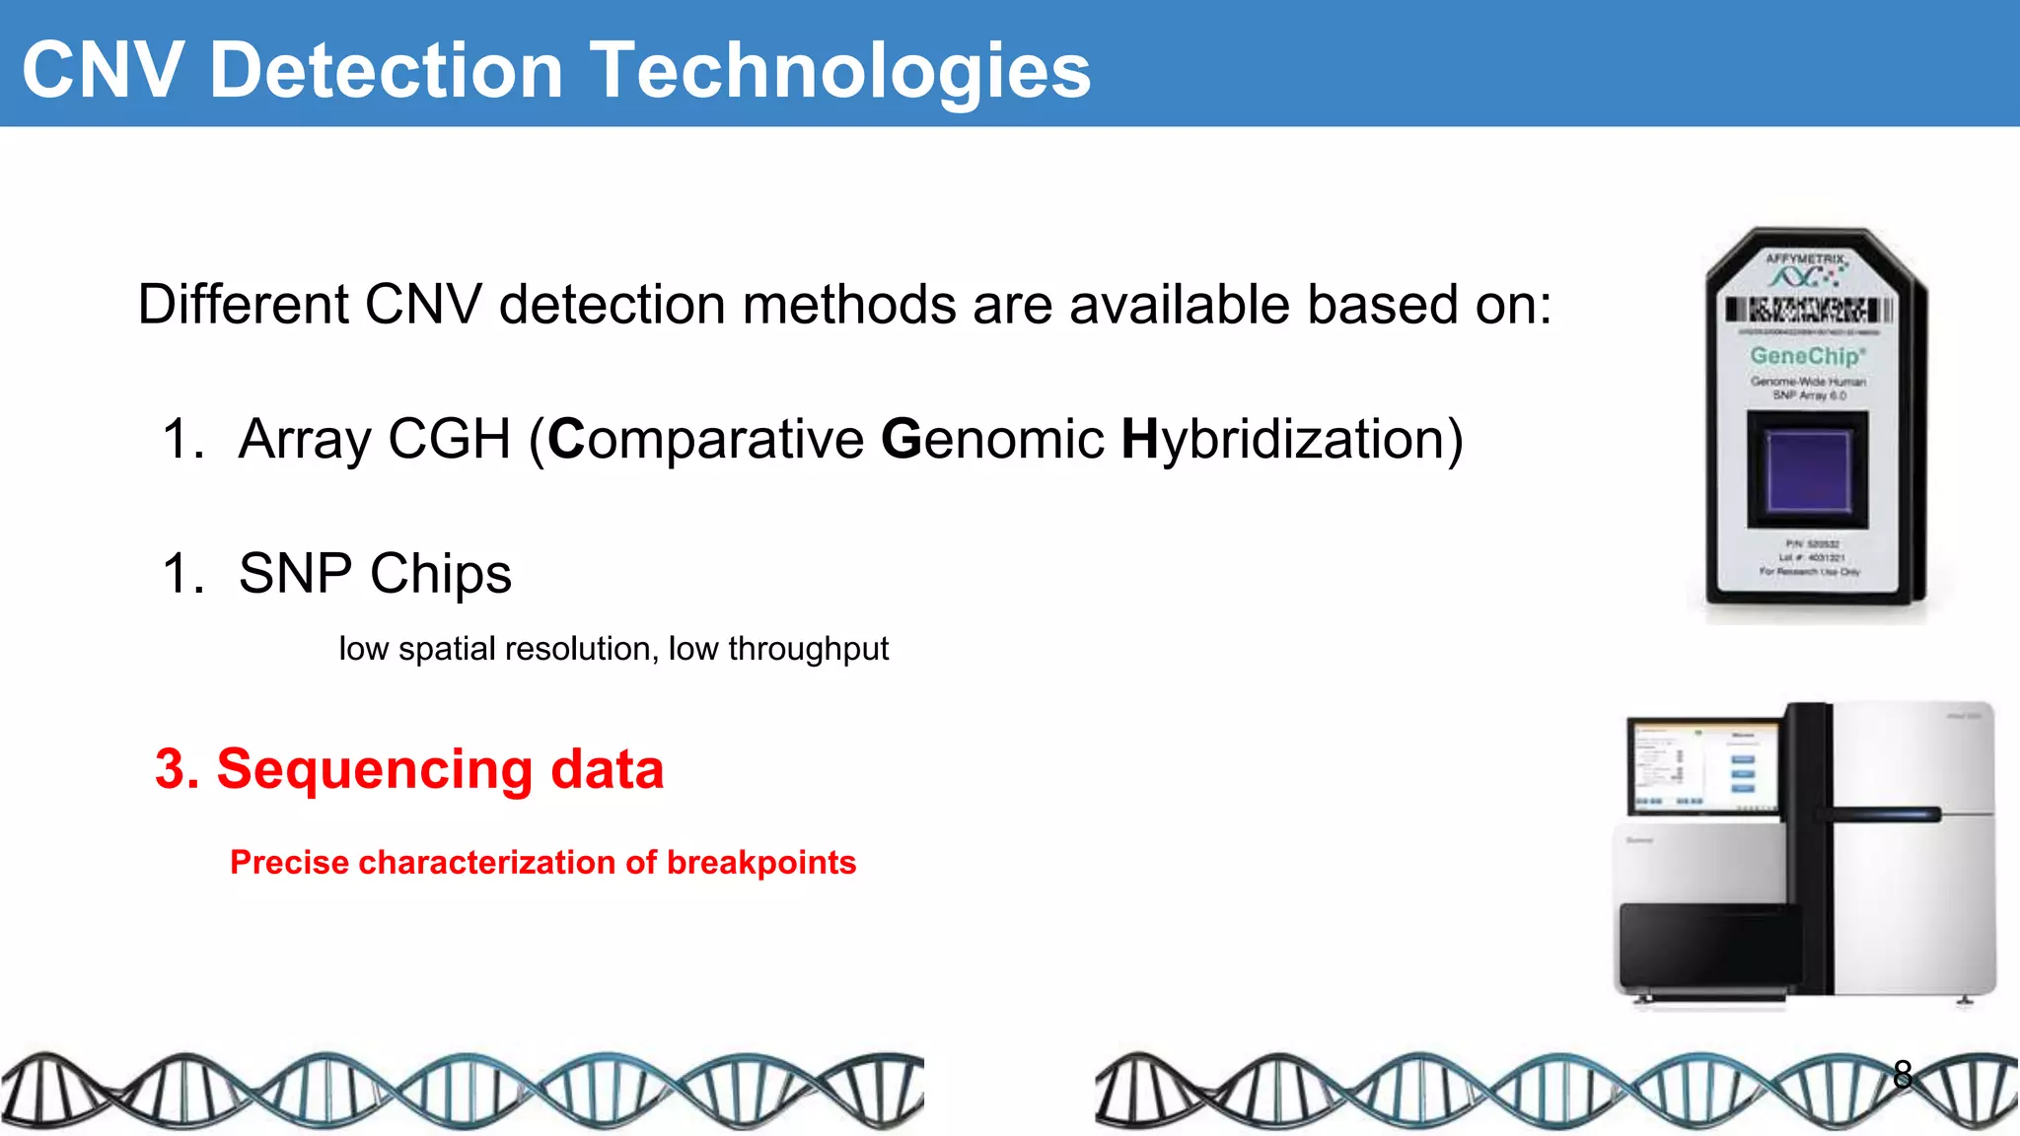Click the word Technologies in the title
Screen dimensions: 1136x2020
(x=840, y=71)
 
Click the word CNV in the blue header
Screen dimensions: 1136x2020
(x=103, y=71)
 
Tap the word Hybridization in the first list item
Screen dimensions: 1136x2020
(x=1292, y=439)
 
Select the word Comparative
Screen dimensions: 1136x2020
(x=706, y=439)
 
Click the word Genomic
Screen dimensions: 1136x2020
(x=992, y=439)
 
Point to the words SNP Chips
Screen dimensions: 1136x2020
(x=375, y=573)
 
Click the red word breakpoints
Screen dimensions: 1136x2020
(x=761, y=863)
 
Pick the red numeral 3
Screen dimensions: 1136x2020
(x=170, y=769)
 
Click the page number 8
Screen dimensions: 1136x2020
(x=1903, y=1074)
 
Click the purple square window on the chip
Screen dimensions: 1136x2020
(x=1807, y=470)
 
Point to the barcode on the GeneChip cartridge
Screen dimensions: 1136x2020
(x=1809, y=311)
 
